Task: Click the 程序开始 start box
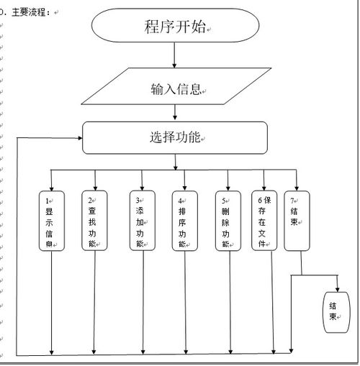pyautogui.click(x=175, y=27)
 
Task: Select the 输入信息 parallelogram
pyautogui.click(x=175, y=89)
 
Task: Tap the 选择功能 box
pyautogui.click(x=175, y=137)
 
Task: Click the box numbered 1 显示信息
pyautogui.click(x=52, y=221)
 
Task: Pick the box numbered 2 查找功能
pyautogui.click(x=93, y=221)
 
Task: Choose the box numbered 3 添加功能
pyautogui.click(x=141, y=221)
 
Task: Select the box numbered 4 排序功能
pyautogui.click(x=183, y=221)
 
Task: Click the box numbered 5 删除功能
pyautogui.click(x=227, y=221)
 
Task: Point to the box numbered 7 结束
pyautogui.click(x=296, y=221)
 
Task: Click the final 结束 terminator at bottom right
pyautogui.click(x=333, y=311)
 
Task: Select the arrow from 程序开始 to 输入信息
pyautogui.click(x=175, y=56)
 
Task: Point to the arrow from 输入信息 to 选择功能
pyautogui.click(x=175, y=113)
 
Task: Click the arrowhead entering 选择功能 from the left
pyautogui.click(x=78, y=137)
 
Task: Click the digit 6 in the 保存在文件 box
pyautogui.click(x=256, y=199)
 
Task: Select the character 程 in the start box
pyautogui.click(x=150, y=27)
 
